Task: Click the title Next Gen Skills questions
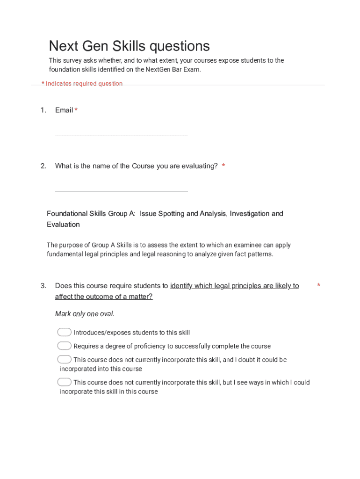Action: (130, 46)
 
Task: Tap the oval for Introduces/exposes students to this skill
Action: (65, 332)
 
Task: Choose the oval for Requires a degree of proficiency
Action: (65, 346)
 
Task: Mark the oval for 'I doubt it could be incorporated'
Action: (65, 359)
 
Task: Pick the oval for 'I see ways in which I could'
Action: (65, 382)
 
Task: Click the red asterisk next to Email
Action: (76, 110)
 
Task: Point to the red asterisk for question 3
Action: (318, 285)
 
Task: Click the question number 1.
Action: (43, 110)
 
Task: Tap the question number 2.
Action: (43, 166)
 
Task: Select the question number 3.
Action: (43, 285)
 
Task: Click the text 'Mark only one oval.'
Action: (85, 314)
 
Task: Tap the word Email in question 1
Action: (64, 110)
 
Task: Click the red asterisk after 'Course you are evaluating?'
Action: (223, 166)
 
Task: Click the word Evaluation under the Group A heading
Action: (63, 224)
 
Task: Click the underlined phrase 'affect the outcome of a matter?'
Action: (104, 297)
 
